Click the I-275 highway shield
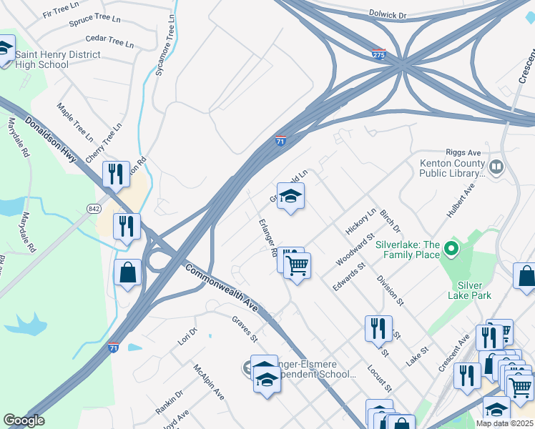378,54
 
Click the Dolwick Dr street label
387,13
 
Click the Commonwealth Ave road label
221,290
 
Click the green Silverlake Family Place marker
451,250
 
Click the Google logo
24,420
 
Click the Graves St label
244,330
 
